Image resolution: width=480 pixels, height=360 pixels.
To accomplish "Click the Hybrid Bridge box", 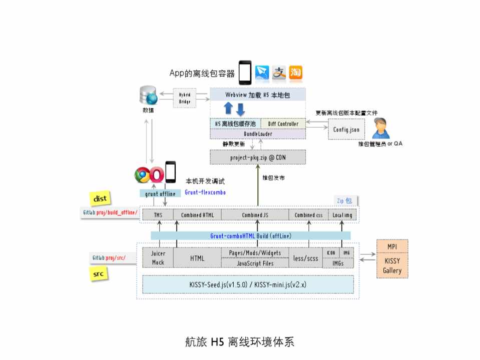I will (x=185, y=98).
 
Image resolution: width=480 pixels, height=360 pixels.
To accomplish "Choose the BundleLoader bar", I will (x=257, y=133).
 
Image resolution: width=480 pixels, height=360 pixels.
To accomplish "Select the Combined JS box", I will (x=255, y=215).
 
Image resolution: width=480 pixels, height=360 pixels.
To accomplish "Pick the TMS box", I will (x=158, y=215).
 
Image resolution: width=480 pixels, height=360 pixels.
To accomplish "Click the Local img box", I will (x=343, y=215).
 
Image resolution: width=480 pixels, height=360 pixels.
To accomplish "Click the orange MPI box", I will (x=392, y=247).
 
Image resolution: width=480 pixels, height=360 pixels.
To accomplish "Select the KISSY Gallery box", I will (x=392, y=266).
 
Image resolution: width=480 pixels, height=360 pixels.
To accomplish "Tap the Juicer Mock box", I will (x=158, y=257).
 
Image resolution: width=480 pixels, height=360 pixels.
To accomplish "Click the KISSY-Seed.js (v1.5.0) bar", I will (x=247, y=284).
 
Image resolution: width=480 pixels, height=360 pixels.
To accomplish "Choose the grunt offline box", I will (x=160, y=193).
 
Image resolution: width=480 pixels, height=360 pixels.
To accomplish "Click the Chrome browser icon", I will (x=143, y=175).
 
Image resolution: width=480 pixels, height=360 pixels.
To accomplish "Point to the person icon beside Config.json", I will (x=382, y=127).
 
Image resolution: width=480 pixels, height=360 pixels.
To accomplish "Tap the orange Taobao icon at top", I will (x=295, y=73).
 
